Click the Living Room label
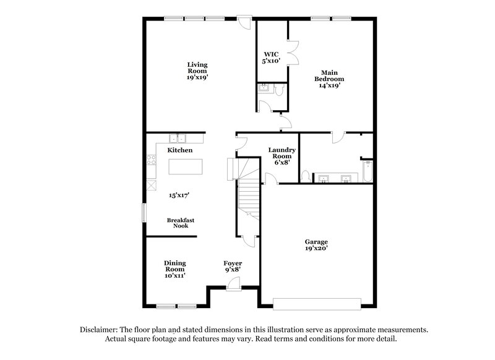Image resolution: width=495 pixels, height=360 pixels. (197, 68)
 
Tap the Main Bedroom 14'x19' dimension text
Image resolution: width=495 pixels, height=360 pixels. (329, 85)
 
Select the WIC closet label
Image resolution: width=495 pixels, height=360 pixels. (271, 54)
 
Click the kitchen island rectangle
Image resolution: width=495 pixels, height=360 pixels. (185, 166)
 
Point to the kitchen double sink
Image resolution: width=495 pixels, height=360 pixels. (178, 138)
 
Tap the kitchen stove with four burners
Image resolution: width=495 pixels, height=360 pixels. (152, 160)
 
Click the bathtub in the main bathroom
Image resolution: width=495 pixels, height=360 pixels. (368, 171)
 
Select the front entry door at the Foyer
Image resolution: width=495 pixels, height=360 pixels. (234, 284)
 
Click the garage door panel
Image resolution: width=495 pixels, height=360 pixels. (317, 304)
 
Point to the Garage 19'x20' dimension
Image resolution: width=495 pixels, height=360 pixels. (316, 248)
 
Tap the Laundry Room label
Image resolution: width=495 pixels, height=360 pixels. (282, 153)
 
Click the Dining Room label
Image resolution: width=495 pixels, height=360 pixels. (175, 266)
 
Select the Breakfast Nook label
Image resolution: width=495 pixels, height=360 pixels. (181, 223)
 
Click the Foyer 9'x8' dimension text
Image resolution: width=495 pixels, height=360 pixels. (233, 270)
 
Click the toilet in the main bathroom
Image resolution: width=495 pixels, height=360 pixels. (305, 176)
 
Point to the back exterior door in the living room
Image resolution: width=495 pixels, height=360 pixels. (244, 22)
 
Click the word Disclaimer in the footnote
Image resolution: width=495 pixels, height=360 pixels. (99, 330)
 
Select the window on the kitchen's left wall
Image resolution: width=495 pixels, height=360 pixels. (144, 213)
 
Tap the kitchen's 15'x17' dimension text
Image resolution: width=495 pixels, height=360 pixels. (179, 195)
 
